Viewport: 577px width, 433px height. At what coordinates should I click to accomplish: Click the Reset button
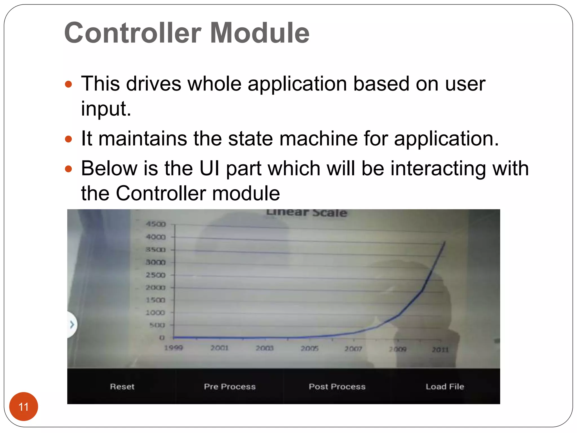click(x=122, y=386)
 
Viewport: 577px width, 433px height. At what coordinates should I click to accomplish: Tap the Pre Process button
click(x=230, y=386)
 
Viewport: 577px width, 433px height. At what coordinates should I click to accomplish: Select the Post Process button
click(x=337, y=386)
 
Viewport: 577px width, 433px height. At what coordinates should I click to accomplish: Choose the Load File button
click(x=445, y=386)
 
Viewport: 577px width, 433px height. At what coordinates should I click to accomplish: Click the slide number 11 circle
click(x=24, y=407)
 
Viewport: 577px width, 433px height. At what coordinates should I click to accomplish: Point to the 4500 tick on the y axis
click(x=156, y=224)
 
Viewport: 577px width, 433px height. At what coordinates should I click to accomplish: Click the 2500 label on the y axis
click(x=156, y=275)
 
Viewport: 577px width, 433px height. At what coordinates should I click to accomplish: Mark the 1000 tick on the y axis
click(x=155, y=313)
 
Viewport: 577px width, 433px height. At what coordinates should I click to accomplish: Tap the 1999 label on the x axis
click(x=174, y=348)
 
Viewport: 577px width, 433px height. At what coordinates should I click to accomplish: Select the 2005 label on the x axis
click(x=309, y=349)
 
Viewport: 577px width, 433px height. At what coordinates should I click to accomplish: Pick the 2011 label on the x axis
click(x=440, y=350)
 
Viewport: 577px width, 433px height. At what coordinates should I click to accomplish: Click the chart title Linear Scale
click(x=307, y=213)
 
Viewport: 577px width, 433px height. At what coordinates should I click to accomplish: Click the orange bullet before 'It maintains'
click(x=68, y=139)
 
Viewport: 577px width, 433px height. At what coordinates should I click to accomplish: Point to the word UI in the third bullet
click(x=209, y=169)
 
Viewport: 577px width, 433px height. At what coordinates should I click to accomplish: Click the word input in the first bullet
click(x=106, y=109)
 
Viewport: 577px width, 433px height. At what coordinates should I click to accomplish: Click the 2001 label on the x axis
click(x=219, y=348)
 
